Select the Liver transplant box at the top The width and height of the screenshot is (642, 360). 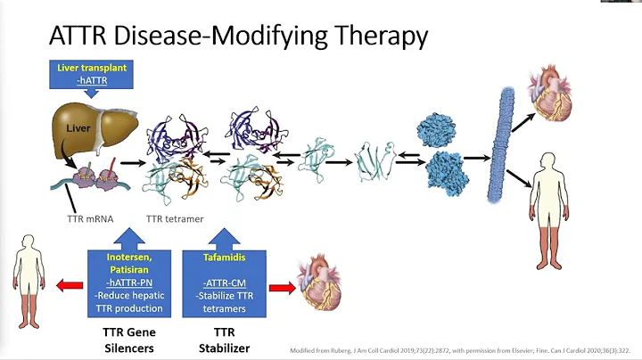[91, 72]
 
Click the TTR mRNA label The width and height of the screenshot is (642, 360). [90, 218]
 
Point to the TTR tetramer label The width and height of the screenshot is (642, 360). [175, 218]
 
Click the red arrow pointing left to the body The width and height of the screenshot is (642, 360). [69, 284]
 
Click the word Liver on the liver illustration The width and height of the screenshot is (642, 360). [78, 128]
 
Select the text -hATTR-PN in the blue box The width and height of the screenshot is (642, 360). [128, 282]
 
